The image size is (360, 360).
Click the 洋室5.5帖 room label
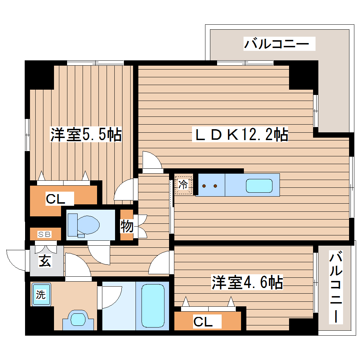(86, 135)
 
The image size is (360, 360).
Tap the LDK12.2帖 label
(240, 135)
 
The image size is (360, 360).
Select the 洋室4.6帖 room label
(247, 282)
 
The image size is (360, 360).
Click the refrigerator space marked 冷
(183, 184)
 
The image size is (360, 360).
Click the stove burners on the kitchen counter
(210, 186)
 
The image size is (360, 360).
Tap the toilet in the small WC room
(84, 224)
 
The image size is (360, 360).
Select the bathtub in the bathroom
(153, 306)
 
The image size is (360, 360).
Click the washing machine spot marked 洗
(41, 295)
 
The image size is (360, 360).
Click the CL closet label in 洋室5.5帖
(55, 199)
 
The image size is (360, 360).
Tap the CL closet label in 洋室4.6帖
(203, 322)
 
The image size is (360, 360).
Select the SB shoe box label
(45, 234)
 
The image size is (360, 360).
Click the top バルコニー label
(276, 44)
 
